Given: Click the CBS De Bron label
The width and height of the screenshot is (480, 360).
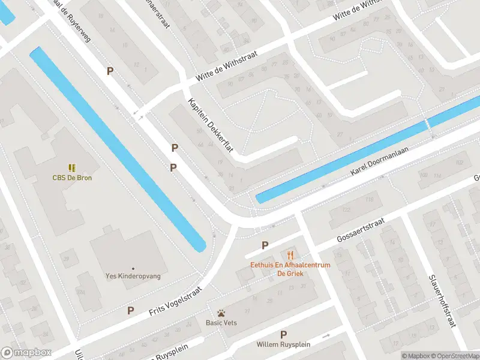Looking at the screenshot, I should (72, 178).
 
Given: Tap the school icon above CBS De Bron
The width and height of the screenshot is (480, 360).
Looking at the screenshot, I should (72, 167).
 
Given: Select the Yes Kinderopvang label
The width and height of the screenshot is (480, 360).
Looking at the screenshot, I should (133, 277).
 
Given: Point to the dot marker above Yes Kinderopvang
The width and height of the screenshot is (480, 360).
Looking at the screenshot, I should (133, 268).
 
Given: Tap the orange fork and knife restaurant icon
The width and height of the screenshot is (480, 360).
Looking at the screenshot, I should (291, 254).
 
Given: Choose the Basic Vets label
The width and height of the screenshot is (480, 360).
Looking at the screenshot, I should (222, 322).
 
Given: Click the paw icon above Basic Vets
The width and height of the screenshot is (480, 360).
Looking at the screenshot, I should (221, 313).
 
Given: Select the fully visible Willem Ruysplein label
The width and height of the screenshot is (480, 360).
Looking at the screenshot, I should (283, 344).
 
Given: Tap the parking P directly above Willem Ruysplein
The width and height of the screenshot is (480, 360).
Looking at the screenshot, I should (284, 334).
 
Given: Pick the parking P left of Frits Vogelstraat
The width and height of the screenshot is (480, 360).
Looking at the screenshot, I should (130, 310).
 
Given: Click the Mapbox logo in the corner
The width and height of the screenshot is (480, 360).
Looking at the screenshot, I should (26, 353).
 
